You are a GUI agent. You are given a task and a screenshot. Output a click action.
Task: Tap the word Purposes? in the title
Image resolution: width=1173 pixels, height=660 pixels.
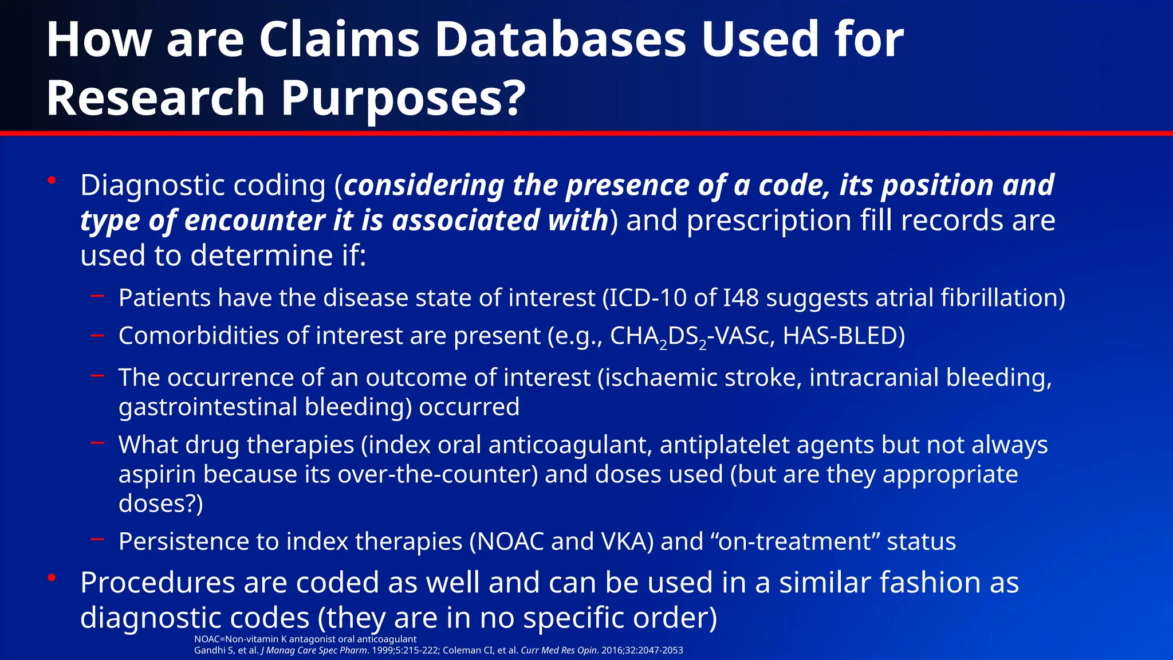pyautogui.click(x=403, y=98)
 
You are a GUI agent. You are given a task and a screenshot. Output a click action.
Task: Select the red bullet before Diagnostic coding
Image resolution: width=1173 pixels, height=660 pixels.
pyautogui.click(x=52, y=180)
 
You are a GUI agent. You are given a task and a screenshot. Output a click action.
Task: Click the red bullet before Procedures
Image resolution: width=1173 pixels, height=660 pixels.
pyautogui.click(x=52, y=577)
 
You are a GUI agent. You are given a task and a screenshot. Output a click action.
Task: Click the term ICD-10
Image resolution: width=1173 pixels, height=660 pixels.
pyautogui.click(x=648, y=298)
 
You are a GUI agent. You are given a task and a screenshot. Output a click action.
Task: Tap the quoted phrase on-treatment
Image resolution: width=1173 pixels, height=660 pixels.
pyautogui.click(x=798, y=541)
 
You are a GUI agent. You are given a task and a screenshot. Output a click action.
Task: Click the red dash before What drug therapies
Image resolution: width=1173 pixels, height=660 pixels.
pyautogui.click(x=97, y=443)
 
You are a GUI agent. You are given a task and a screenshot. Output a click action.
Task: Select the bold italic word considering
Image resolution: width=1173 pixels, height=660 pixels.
pyautogui.click(x=424, y=185)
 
